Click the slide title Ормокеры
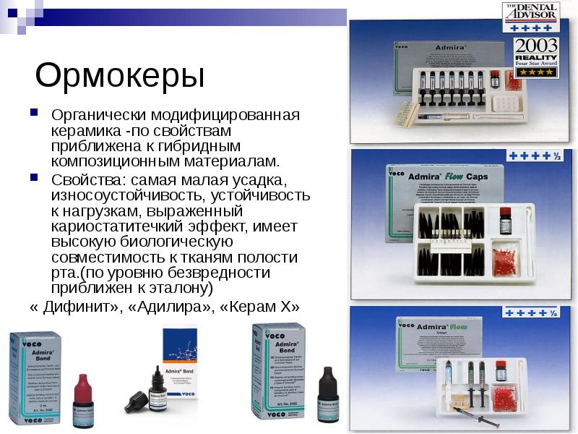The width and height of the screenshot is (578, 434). pyautogui.click(x=120, y=75)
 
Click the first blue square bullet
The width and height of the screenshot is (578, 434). pyautogui.click(x=33, y=114)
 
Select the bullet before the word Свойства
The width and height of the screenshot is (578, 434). pyautogui.click(x=33, y=176)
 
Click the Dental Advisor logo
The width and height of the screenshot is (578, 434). pyautogui.click(x=531, y=12)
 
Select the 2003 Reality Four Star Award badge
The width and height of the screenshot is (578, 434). pyautogui.click(x=535, y=58)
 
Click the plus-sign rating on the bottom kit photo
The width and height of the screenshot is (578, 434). pyautogui.click(x=532, y=312)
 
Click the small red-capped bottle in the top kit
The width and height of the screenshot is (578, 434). pyautogui.click(x=495, y=79)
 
